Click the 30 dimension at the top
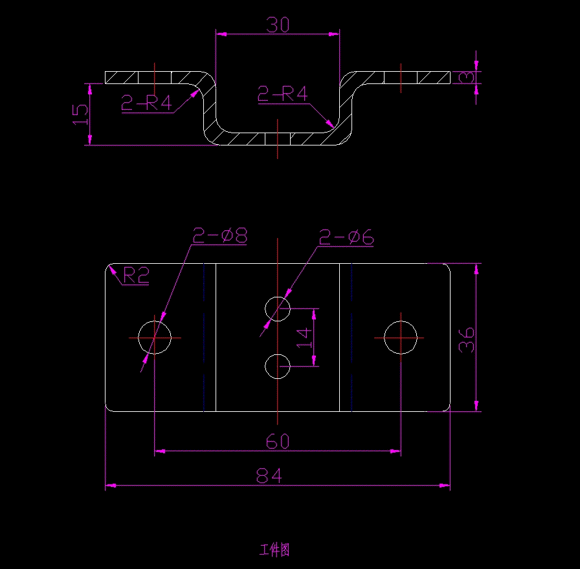tap(278, 25)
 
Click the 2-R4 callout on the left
tap(147, 103)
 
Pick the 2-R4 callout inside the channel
tap(283, 94)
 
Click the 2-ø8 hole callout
tap(221, 235)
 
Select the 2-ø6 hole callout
tap(347, 238)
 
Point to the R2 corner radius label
tap(136, 277)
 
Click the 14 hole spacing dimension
tap(304, 338)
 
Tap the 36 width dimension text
tap(467, 338)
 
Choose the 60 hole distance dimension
tap(278, 442)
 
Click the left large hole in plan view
tap(155, 338)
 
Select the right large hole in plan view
tap(401, 338)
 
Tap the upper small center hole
tap(278, 308)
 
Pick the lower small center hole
tap(278, 367)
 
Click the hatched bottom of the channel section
tap(277, 138)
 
